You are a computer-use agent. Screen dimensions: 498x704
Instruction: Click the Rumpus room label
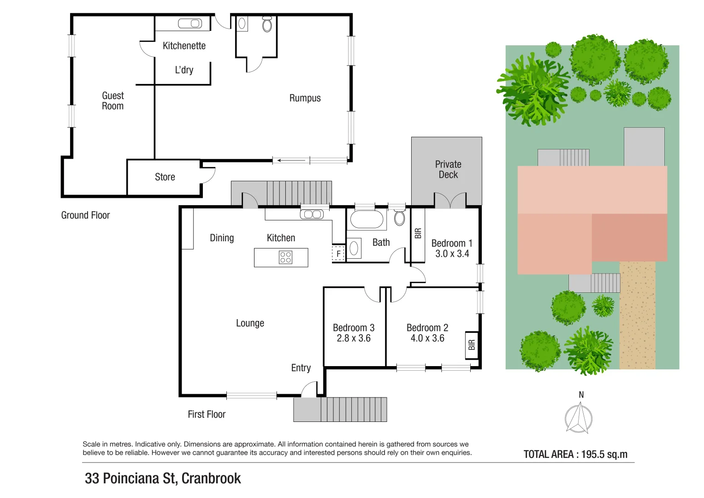click(305, 98)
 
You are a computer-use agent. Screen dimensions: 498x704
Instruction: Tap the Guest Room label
click(112, 101)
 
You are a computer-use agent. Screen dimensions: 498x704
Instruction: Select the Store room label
click(165, 177)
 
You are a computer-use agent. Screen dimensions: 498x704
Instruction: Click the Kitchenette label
click(184, 46)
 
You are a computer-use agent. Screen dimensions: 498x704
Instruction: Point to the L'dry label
click(184, 70)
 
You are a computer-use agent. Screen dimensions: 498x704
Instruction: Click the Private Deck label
click(448, 169)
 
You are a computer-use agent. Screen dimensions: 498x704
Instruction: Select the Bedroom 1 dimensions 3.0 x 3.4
click(452, 254)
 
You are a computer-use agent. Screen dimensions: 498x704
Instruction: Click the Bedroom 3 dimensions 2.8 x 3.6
click(354, 338)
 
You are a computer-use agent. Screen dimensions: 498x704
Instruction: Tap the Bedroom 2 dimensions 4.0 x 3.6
click(427, 338)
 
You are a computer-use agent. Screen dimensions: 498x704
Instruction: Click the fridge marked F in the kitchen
click(338, 254)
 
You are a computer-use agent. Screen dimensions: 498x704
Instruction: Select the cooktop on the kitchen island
click(285, 257)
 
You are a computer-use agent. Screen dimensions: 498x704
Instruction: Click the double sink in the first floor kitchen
click(312, 214)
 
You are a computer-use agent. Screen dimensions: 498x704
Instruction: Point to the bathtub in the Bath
click(367, 219)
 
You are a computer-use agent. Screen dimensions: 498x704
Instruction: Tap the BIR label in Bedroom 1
click(418, 234)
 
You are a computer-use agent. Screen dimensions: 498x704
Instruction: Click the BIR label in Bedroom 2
click(471, 345)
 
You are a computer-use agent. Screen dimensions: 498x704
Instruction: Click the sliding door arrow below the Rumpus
click(291, 160)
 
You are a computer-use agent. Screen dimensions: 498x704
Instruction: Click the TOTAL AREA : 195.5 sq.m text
click(575, 454)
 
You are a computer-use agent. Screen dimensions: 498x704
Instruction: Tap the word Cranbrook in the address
click(211, 479)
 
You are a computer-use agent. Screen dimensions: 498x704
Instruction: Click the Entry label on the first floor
click(301, 368)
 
